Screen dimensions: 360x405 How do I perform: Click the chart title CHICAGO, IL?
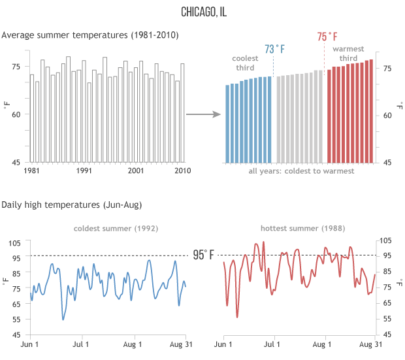pyautogui.click(x=202, y=12)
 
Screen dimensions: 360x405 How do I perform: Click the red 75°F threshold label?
pyautogui.click(x=327, y=37)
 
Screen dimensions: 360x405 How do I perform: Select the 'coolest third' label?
pyautogui.click(x=246, y=63)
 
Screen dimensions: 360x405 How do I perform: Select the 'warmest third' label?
pyautogui.click(x=349, y=54)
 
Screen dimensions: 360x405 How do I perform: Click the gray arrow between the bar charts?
pyautogui.click(x=202, y=115)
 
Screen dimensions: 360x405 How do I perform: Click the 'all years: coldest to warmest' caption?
pyautogui.click(x=300, y=171)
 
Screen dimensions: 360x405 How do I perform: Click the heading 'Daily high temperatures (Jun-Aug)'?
pyautogui.click(x=71, y=205)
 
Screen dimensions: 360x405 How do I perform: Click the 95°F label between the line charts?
pyautogui.click(x=203, y=255)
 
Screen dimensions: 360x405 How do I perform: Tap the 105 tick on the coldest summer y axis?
pyautogui.click(x=17, y=242)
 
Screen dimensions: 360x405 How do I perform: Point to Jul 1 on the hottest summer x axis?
pyautogui.click(x=274, y=343)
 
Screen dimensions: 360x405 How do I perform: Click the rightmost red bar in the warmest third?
pyautogui.click(x=371, y=111)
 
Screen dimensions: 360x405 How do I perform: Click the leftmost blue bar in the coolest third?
pyautogui.click(x=228, y=123)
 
